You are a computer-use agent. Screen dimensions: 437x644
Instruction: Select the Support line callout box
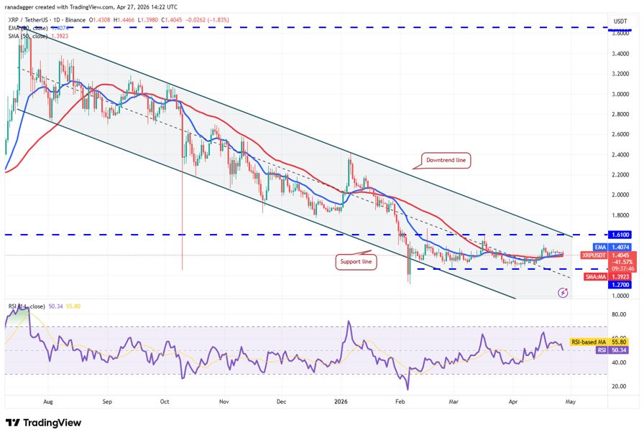pos(356,262)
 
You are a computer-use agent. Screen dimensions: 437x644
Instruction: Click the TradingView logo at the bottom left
pos(43,423)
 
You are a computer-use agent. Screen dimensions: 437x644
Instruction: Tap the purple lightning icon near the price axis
pos(563,293)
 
